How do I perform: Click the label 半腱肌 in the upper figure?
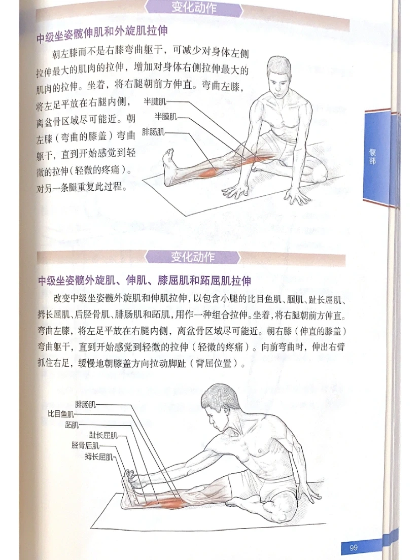click(155, 102)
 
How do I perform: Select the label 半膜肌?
click(166, 117)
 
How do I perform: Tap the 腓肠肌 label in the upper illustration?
click(153, 132)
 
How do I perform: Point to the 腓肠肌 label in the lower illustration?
click(85, 404)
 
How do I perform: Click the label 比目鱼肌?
click(61, 414)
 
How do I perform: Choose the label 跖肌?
click(72, 425)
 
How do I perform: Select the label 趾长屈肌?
click(103, 435)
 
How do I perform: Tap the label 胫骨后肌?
click(85, 445)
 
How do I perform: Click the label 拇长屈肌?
click(99, 457)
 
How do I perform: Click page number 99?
click(354, 547)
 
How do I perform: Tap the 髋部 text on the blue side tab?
click(372, 156)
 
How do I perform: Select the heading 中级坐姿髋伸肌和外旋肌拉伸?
click(102, 34)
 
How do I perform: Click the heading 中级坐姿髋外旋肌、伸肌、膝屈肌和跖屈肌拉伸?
click(144, 281)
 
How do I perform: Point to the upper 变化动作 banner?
click(194, 8)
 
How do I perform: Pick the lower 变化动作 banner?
click(193, 257)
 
